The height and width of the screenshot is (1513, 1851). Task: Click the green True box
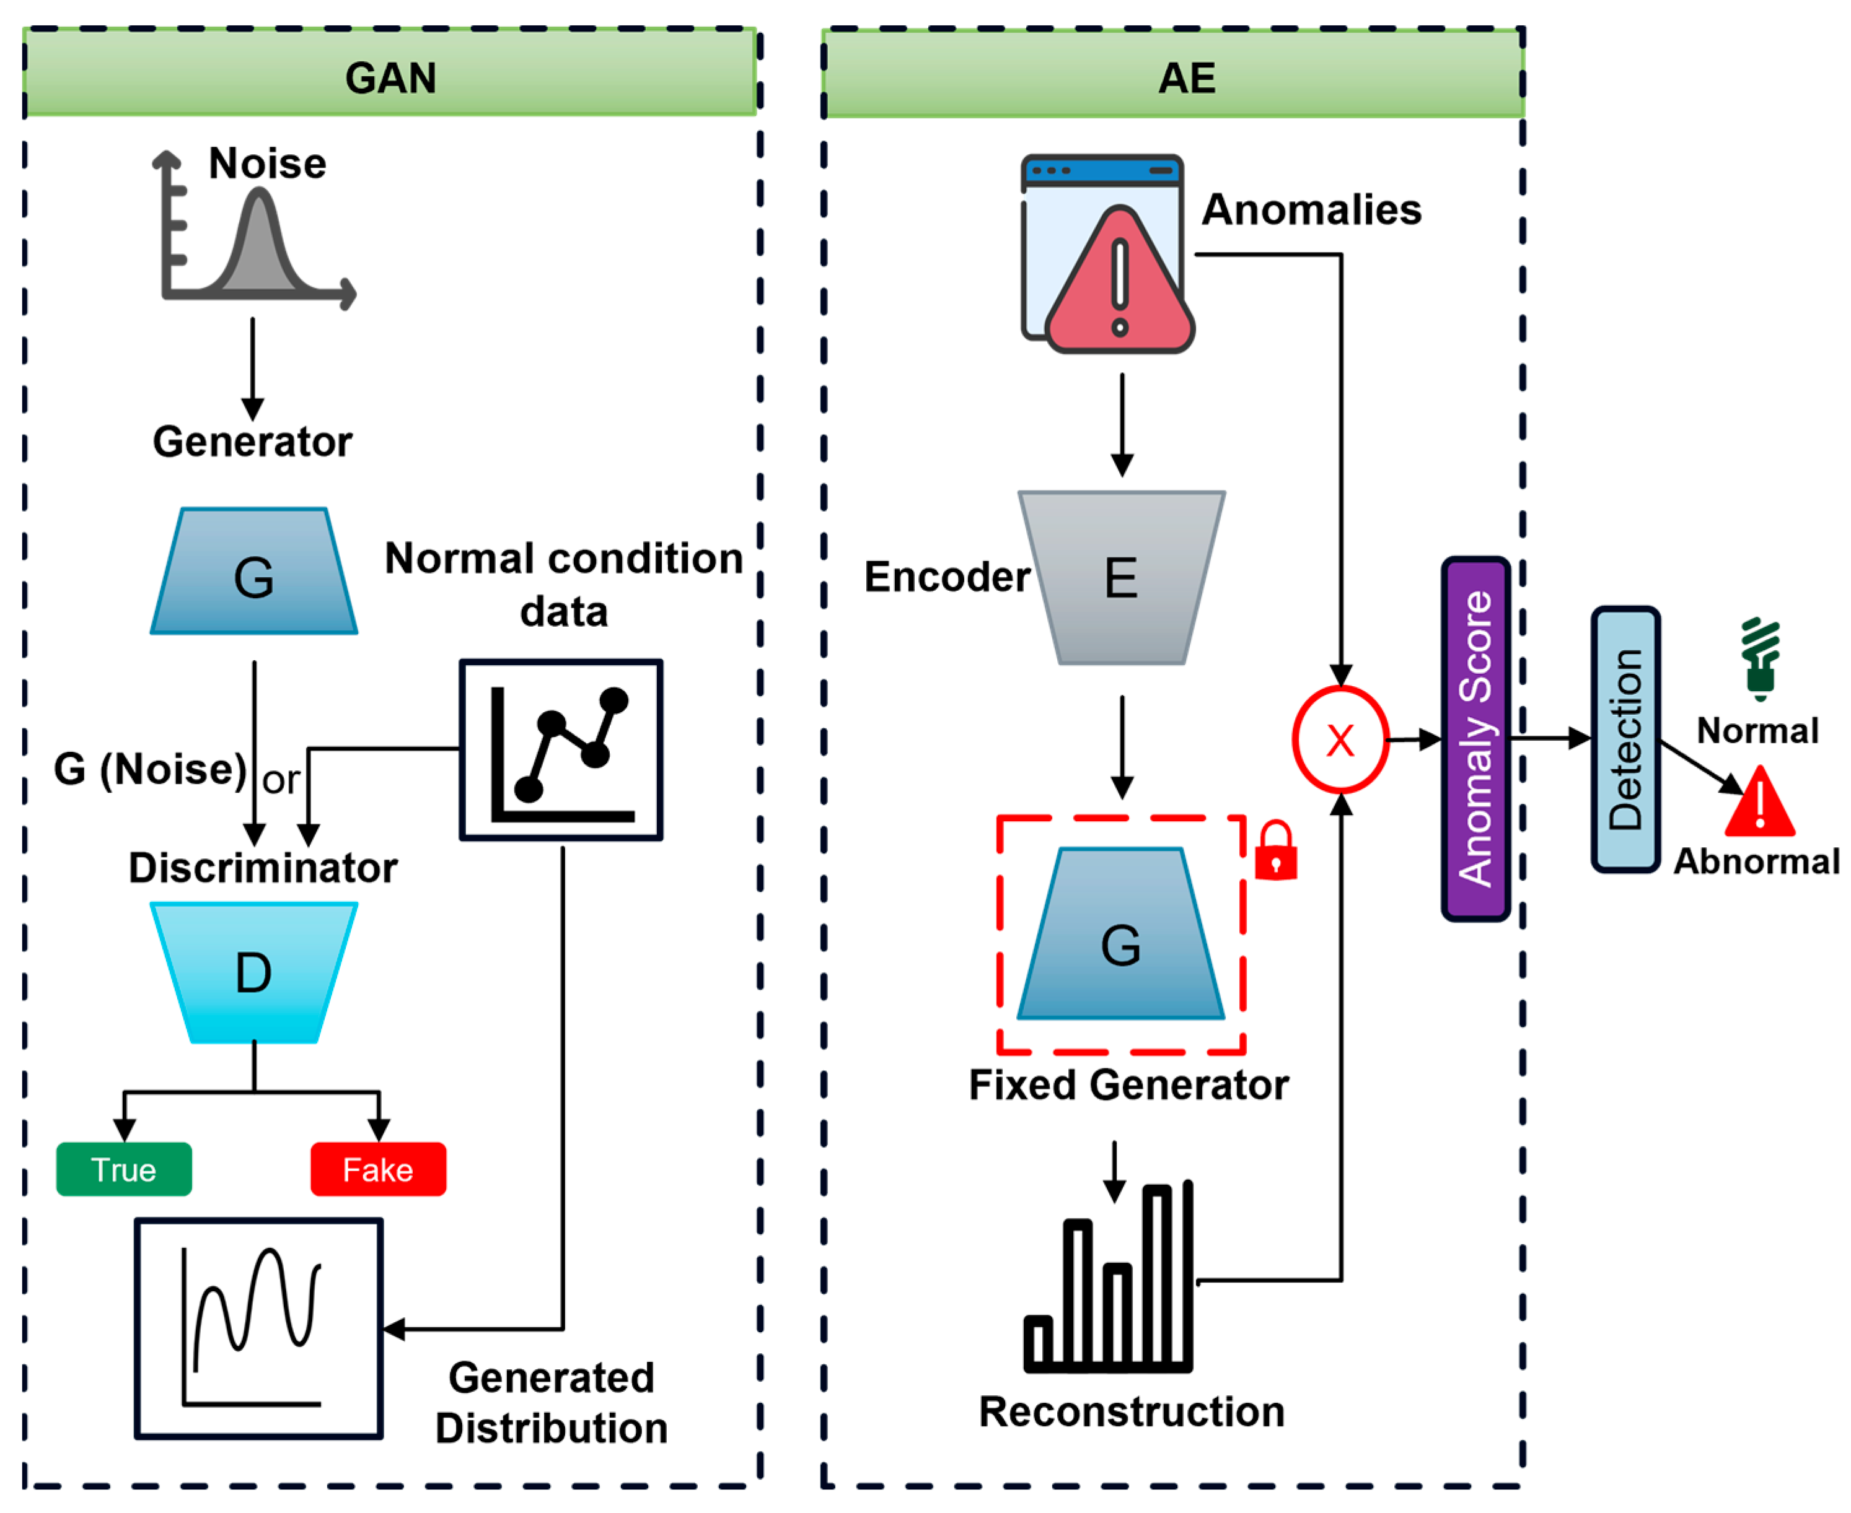click(124, 1170)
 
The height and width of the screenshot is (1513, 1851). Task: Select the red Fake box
click(379, 1170)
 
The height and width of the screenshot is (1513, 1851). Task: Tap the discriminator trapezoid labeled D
click(253, 972)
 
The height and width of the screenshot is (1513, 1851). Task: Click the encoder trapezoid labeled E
click(1122, 578)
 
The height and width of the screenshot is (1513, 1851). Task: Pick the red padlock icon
click(1275, 852)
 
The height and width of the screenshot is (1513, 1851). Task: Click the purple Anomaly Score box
click(1475, 739)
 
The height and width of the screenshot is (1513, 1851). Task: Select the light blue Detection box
click(1625, 739)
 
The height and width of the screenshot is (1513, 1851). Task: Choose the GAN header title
click(390, 79)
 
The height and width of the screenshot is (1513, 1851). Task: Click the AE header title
click(1187, 79)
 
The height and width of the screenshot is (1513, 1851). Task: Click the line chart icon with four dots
click(561, 749)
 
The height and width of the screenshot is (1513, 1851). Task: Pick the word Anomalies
click(1311, 210)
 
